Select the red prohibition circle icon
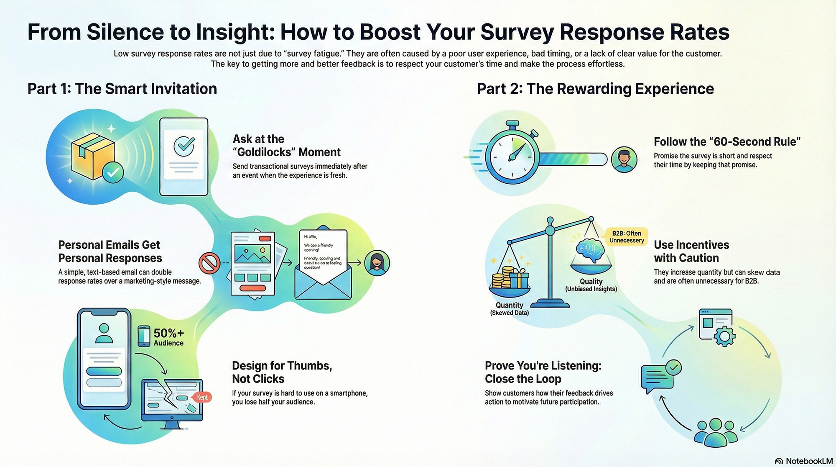click(209, 263)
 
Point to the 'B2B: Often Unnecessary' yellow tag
click(626, 237)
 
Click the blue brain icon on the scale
click(590, 251)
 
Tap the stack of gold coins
click(502, 278)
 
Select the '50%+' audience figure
click(168, 333)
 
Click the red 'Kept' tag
click(202, 397)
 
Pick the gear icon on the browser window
click(724, 336)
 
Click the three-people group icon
click(715, 432)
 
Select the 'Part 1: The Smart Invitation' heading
click(122, 89)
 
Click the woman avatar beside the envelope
click(377, 263)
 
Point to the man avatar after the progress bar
click(624, 160)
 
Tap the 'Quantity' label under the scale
click(509, 305)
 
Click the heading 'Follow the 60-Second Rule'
click(726, 141)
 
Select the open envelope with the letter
click(323, 268)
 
